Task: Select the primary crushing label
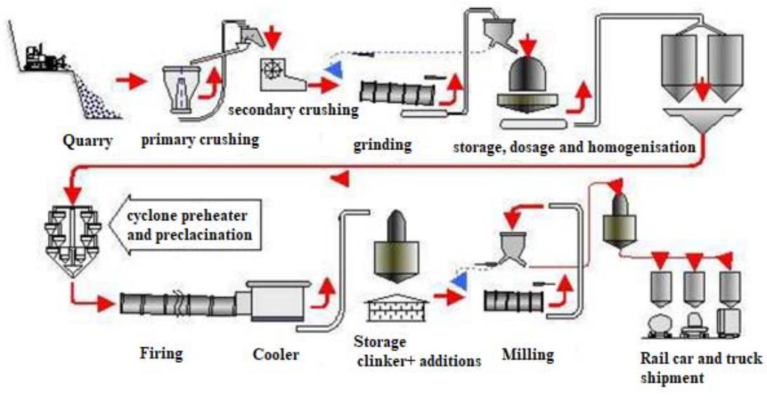(200, 139)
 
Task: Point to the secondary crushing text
(294, 110)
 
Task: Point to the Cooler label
(275, 354)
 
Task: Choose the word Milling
(527, 354)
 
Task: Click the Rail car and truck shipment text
(701, 368)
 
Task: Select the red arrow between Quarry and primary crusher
(133, 81)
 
